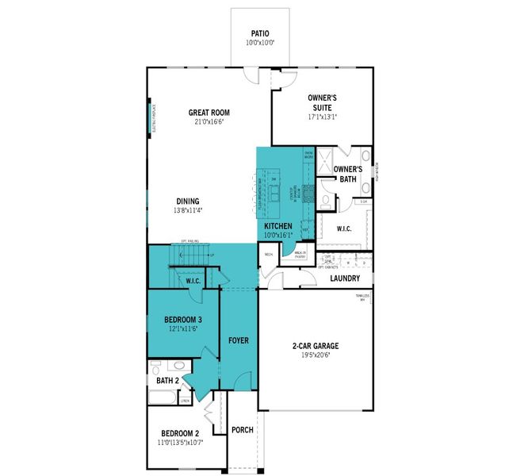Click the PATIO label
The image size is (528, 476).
click(260, 33)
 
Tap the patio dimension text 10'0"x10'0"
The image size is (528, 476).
click(260, 43)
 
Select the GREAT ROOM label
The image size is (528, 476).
click(209, 113)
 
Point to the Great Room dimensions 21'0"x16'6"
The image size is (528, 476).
click(209, 122)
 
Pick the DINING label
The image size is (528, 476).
click(188, 201)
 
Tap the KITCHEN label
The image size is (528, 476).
click(278, 226)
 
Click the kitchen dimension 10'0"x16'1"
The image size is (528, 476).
click(278, 236)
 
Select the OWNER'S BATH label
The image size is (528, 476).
click(347, 174)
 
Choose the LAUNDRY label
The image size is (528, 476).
click(345, 278)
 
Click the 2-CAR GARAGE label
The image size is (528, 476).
click(315, 346)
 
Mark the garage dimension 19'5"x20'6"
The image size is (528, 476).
click(315, 356)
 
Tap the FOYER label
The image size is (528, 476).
click(239, 340)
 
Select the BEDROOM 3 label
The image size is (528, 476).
click(178, 320)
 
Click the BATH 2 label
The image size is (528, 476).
click(168, 381)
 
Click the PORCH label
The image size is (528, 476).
click(243, 430)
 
